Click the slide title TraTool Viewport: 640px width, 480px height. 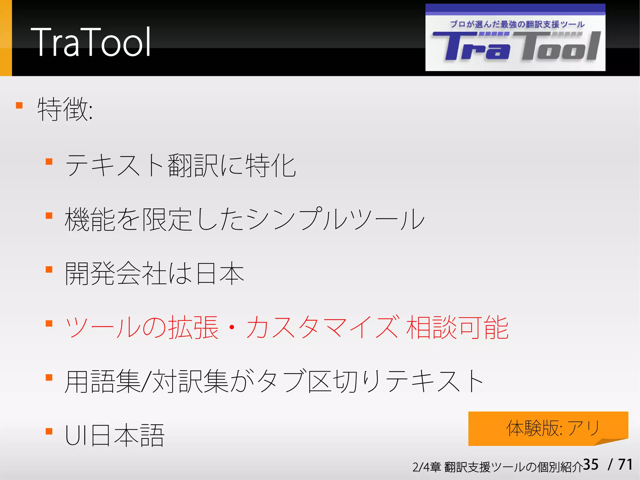[91, 42]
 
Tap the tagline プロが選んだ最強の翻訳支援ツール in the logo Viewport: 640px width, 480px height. [517, 24]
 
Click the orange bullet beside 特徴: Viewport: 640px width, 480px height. [19, 105]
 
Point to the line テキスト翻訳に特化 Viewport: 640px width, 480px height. [180, 166]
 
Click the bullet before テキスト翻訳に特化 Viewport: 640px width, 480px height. [49, 162]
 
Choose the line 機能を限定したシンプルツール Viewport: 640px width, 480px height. [244, 220]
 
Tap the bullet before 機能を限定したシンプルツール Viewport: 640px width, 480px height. [49, 215]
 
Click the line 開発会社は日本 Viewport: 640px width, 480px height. [154, 274]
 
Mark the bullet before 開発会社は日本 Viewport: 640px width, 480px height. [49, 270]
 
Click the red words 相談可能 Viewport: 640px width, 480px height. [457, 328]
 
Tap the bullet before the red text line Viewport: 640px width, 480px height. [49, 323]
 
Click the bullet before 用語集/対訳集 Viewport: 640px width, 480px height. [49, 377]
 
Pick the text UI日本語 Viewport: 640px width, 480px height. [114, 435]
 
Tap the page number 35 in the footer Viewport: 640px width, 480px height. [591, 465]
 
